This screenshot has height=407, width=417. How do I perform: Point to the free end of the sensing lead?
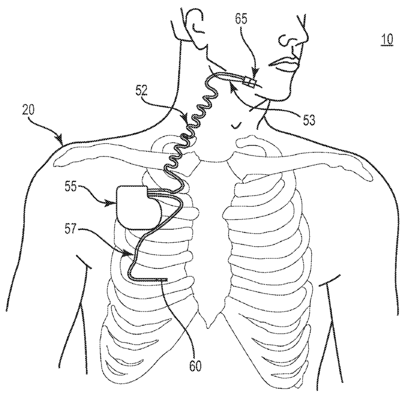[167, 280]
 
